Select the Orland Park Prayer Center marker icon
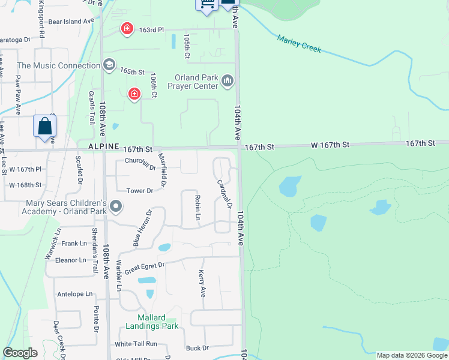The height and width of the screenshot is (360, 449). (x=228, y=80)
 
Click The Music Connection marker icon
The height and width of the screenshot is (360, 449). (x=109, y=64)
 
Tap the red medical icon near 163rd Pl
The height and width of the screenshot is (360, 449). (x=127, y=28)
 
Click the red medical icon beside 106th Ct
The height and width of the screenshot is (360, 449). (x=134, y=93)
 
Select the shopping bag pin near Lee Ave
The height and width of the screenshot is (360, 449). (x=45, y=127)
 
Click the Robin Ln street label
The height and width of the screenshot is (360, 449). (x=197, y=206)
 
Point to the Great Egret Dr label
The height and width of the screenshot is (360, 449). (x=144, y=265)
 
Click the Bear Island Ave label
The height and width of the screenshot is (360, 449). (x=71, y=21)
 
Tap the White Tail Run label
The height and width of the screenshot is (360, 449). (x=136, y=344)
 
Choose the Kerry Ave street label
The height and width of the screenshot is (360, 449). (x=202, y=283)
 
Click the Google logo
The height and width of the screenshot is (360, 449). (x=20, y=353)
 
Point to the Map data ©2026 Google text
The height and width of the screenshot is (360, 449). (x=411, y=355)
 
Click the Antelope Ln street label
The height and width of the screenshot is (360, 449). (x=75, y=294)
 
